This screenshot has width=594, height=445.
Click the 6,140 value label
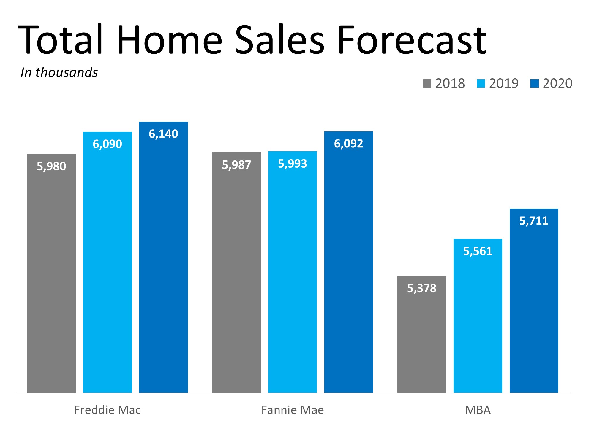(x=163, y=134)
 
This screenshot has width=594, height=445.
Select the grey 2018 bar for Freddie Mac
(x=51, y=273)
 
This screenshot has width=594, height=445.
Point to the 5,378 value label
(x=421, y=288)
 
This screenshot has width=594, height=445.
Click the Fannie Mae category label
(x=293, y=410)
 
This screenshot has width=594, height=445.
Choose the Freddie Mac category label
(x=107, y=410)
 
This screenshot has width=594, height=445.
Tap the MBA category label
(x=478, y=410)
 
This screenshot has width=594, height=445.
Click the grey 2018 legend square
(x=427, y=83)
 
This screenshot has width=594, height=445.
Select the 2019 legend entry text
(x=504, y=83)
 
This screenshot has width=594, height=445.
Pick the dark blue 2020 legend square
(x=534, y=83)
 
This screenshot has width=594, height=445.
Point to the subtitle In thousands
(x=59, y=73)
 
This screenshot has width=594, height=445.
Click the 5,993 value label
(x=292, y=164)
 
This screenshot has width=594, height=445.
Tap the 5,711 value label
(x=534, y=221)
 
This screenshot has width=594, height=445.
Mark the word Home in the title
(x=169, y=40)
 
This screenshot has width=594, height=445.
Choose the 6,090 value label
(x=107, y=144)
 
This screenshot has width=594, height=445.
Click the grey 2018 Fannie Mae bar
(x=236, y=273)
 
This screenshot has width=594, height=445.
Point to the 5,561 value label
(x=478, y=251)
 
